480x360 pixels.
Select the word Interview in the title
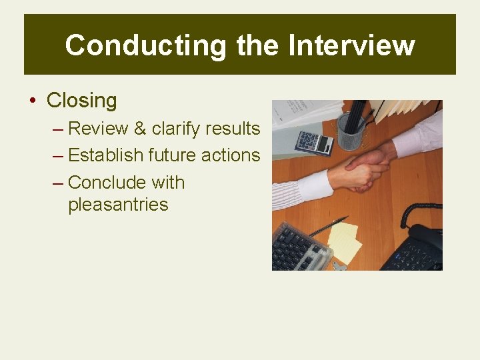[x=351, y=45]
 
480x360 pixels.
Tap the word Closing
[x=81, y=101]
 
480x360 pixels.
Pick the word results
[x=233, y=128]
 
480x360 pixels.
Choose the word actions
[x=232, y=155]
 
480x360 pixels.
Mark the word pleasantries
[x=118, y=204]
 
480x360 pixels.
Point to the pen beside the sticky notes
[x=329, y=226]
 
